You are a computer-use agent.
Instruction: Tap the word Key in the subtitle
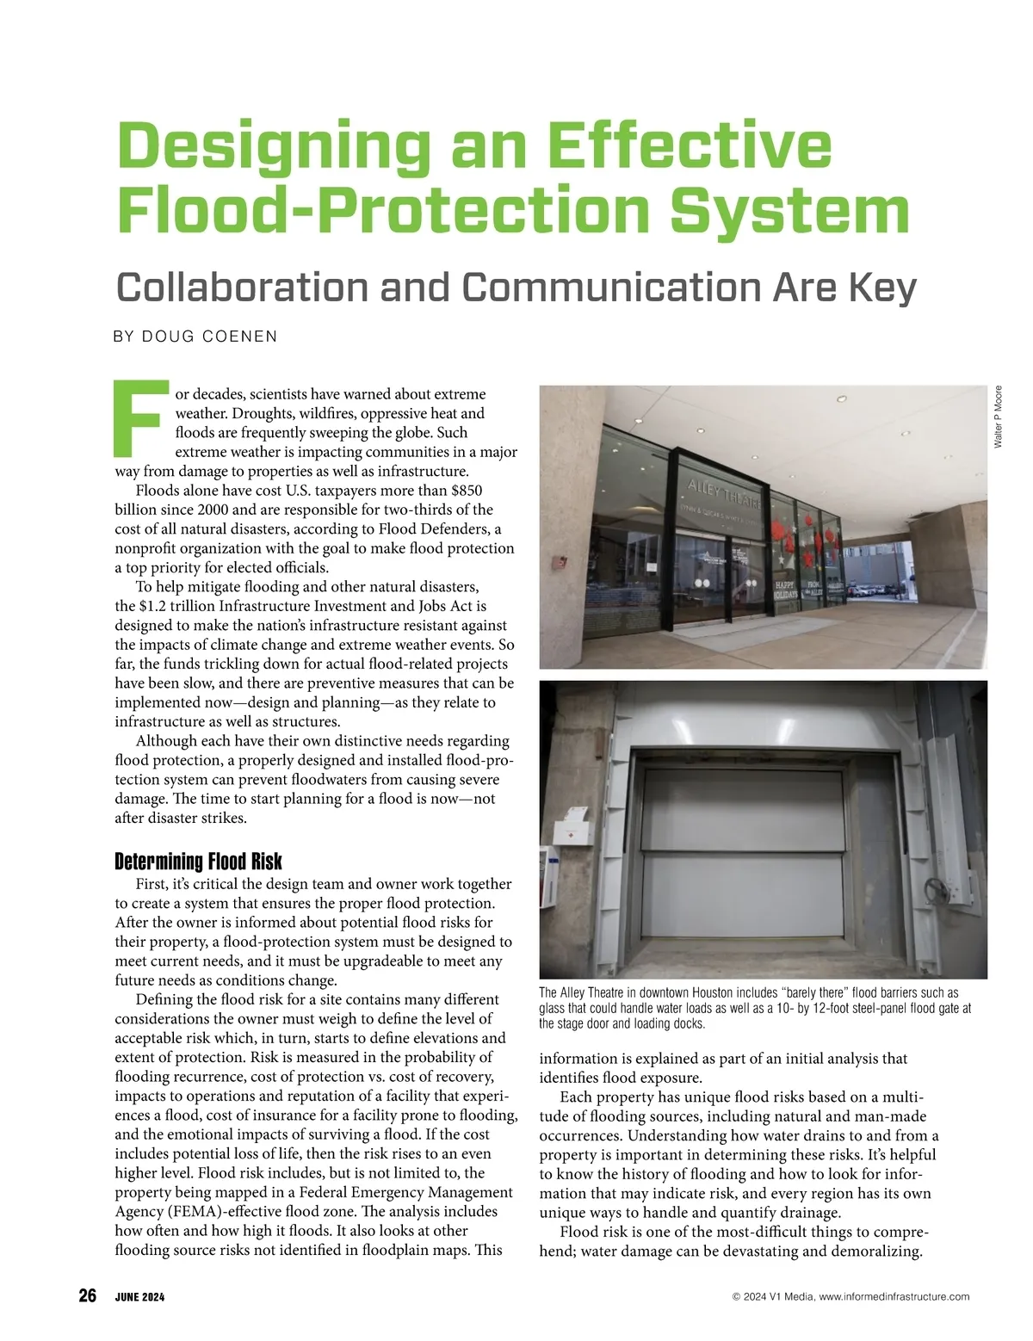882,287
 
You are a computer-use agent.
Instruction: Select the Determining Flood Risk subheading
198,862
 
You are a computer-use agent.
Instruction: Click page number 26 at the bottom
87,1295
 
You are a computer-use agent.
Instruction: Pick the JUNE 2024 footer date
139,1297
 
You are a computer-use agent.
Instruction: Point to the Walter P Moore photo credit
998,417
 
